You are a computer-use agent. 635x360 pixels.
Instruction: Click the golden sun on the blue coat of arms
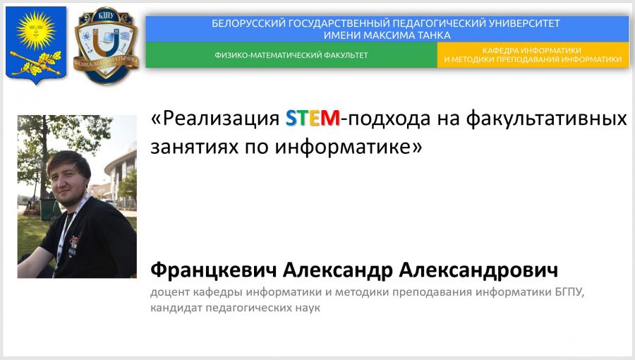36,31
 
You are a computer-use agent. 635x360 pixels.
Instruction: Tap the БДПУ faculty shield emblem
106,46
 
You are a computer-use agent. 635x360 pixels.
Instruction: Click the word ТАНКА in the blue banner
434,35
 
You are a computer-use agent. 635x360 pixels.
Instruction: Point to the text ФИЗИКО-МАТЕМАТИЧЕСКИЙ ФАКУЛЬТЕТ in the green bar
291,55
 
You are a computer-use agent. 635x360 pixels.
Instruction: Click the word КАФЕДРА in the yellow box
500,51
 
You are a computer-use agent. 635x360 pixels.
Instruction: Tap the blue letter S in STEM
291,119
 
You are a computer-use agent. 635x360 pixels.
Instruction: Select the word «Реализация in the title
215,119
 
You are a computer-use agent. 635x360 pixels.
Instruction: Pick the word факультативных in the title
546,119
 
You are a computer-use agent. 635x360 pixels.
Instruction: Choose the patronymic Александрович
478,270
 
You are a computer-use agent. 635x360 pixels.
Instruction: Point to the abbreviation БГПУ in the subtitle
568,292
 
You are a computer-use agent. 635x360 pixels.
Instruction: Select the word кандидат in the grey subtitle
176,308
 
